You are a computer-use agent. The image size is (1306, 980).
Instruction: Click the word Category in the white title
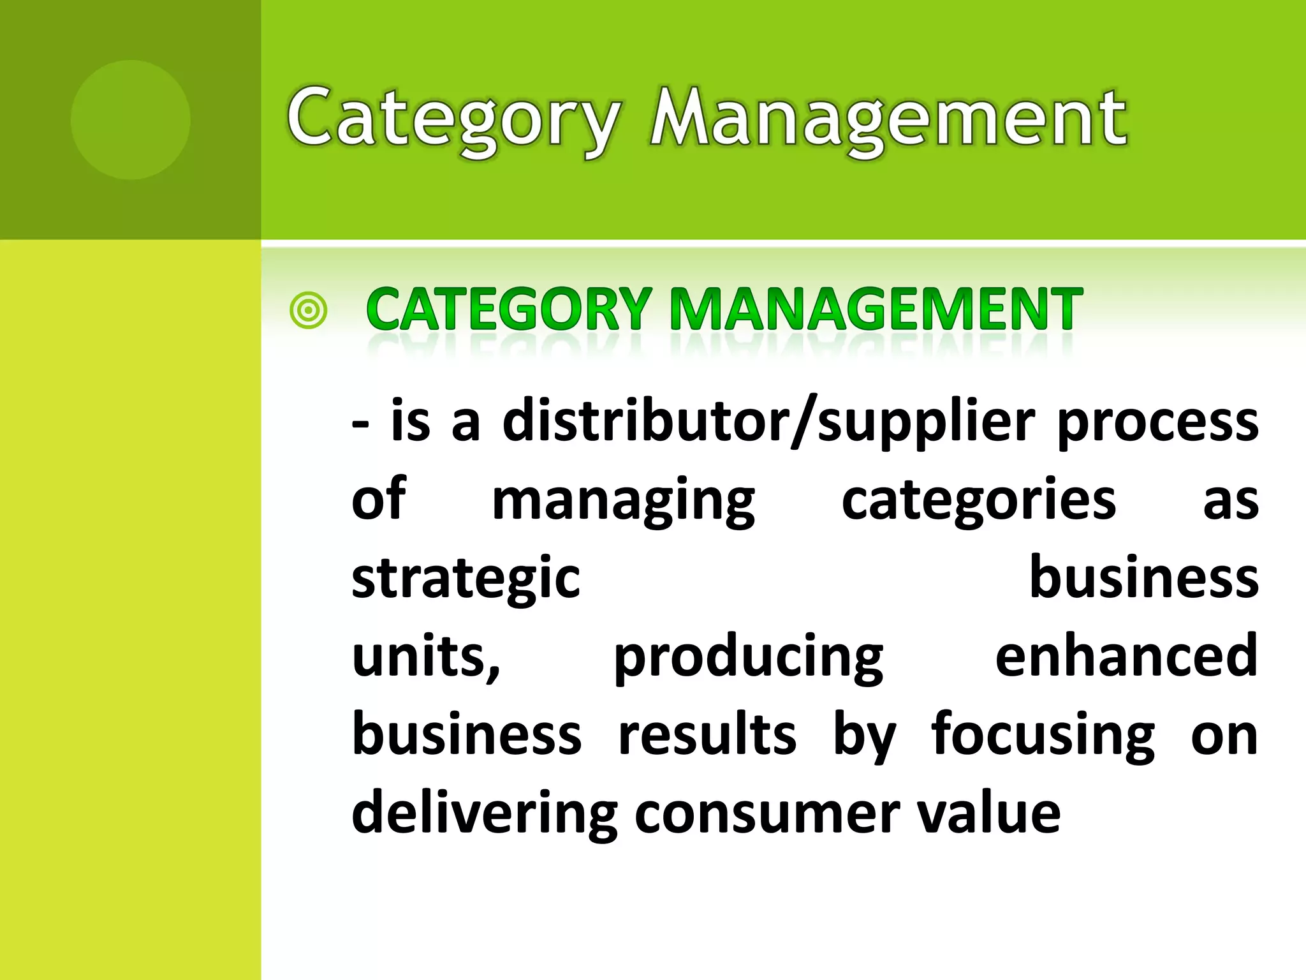click(453, 120)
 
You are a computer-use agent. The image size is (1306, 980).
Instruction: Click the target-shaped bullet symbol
click(308, 311)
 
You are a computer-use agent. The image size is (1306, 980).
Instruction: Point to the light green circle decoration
click(130, 120)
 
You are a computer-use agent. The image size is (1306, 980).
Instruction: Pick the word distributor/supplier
click(768, 422)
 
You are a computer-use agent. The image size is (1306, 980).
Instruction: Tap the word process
click(1157, 422)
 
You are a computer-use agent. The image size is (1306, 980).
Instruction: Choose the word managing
click(623, 501)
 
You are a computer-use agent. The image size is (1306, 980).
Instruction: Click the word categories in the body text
click(978, 501)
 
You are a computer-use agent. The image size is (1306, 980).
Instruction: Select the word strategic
click(466, 578)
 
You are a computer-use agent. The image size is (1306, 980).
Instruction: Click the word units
click(423, 657)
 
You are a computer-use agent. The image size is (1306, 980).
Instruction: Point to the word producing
click(748, 657)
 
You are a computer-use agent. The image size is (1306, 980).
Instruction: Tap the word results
click(707, 735)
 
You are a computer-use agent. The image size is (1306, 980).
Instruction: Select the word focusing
click(1043, 735)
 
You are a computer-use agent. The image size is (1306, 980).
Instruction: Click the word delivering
click(485, 813)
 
